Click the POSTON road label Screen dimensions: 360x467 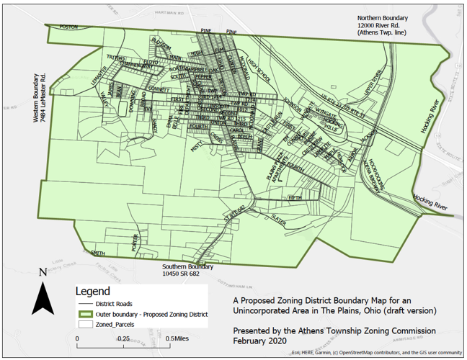pyautogui.click(x=68, y=27)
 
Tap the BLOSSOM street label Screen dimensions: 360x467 pyautogui.click(x=161, y=45)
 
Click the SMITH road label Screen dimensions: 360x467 pyautogui.click(x=99, y=253)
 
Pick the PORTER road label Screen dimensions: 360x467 pyautogui.click(x=135, y=243)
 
